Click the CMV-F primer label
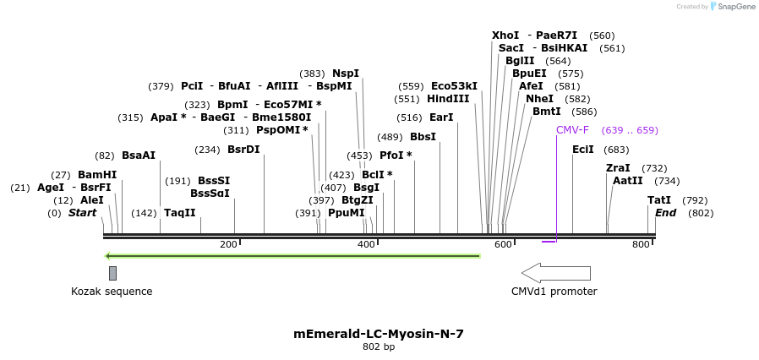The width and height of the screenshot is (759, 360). pos(572,130)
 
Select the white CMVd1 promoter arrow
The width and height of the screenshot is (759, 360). pos(555,273)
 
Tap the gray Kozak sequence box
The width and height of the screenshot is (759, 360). pos(112,273)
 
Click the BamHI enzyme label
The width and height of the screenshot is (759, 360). pos(97,174)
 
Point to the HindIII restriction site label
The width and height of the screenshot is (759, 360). pos(448,99)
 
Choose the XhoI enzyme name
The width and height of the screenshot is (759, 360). pos(505,35)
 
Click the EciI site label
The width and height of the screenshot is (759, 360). pos(583,150)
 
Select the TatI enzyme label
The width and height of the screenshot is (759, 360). pos(659,200)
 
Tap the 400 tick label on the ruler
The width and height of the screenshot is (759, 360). pos(366,244)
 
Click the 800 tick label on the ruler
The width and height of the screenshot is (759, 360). pos(641,244)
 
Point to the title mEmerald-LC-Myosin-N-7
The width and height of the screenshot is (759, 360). pos(379,334)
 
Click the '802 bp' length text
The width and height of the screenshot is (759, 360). pos(379,347)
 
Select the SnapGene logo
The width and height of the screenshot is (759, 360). pos(732,6)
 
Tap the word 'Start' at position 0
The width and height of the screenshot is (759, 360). pos(83,213)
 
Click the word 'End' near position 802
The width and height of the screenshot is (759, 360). pos(666,213)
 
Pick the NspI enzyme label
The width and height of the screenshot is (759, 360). pos(346,74)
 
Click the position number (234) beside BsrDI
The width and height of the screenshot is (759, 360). pos(207,150)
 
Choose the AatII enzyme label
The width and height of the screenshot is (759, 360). pos(628,180)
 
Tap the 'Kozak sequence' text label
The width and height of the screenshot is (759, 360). pos(112,292)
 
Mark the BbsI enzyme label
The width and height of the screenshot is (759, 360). pos(423,137)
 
